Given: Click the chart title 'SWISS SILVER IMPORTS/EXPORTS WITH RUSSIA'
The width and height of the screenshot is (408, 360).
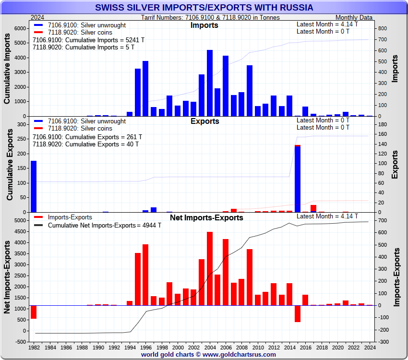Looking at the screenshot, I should pos(204,8).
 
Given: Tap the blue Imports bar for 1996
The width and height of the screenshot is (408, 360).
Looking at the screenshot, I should pos(145,88).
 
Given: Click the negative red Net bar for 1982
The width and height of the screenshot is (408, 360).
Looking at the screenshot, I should pos(34,312).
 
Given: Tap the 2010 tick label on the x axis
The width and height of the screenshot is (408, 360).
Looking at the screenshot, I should pos(258,347).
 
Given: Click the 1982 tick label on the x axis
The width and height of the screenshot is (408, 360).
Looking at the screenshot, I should pos(34,347).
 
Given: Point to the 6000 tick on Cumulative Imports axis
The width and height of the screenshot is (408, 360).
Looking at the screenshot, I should pos(20,28).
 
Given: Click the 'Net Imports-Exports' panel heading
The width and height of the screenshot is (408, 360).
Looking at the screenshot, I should pos(206,217).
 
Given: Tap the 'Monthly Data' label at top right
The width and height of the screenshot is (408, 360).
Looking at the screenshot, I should pos(354,17).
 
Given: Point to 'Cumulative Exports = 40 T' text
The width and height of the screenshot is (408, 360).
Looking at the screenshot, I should pos(85,144).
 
